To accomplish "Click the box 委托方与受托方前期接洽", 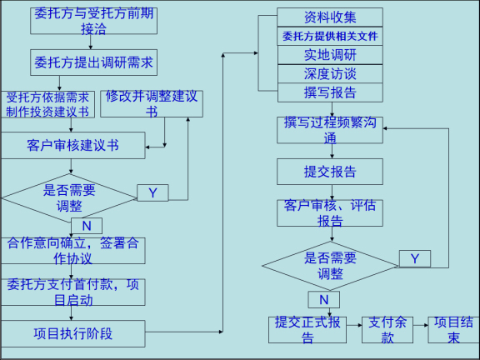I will click(x=93, y=22).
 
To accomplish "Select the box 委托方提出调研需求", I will click(x=93, y=62).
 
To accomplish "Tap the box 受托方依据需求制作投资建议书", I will click(x=47, y=104).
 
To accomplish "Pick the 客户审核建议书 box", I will click(x=73, y=146).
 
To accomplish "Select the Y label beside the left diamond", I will click(x=152, y=193).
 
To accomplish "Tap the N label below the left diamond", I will click(x=86, y=226).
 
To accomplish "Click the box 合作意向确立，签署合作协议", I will click(x=73, y=251).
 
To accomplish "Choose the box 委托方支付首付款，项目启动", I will click(x=73, y=292).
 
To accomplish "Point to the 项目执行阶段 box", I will click(x=73, y=333).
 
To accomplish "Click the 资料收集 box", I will click(x=330, y=17).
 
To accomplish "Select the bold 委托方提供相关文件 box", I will click(x=330, y=36).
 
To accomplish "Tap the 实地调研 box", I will click(x=330, y=54).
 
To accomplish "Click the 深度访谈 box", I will click(x=330, y=73).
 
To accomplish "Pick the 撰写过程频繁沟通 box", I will click(x=330, y=130).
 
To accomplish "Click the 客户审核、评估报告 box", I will click(x=330, y=212).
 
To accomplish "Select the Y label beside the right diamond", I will click(x=414, y=258).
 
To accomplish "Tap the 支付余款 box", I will click(x=387, y=330).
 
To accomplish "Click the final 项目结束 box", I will click(x=454, y=330).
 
